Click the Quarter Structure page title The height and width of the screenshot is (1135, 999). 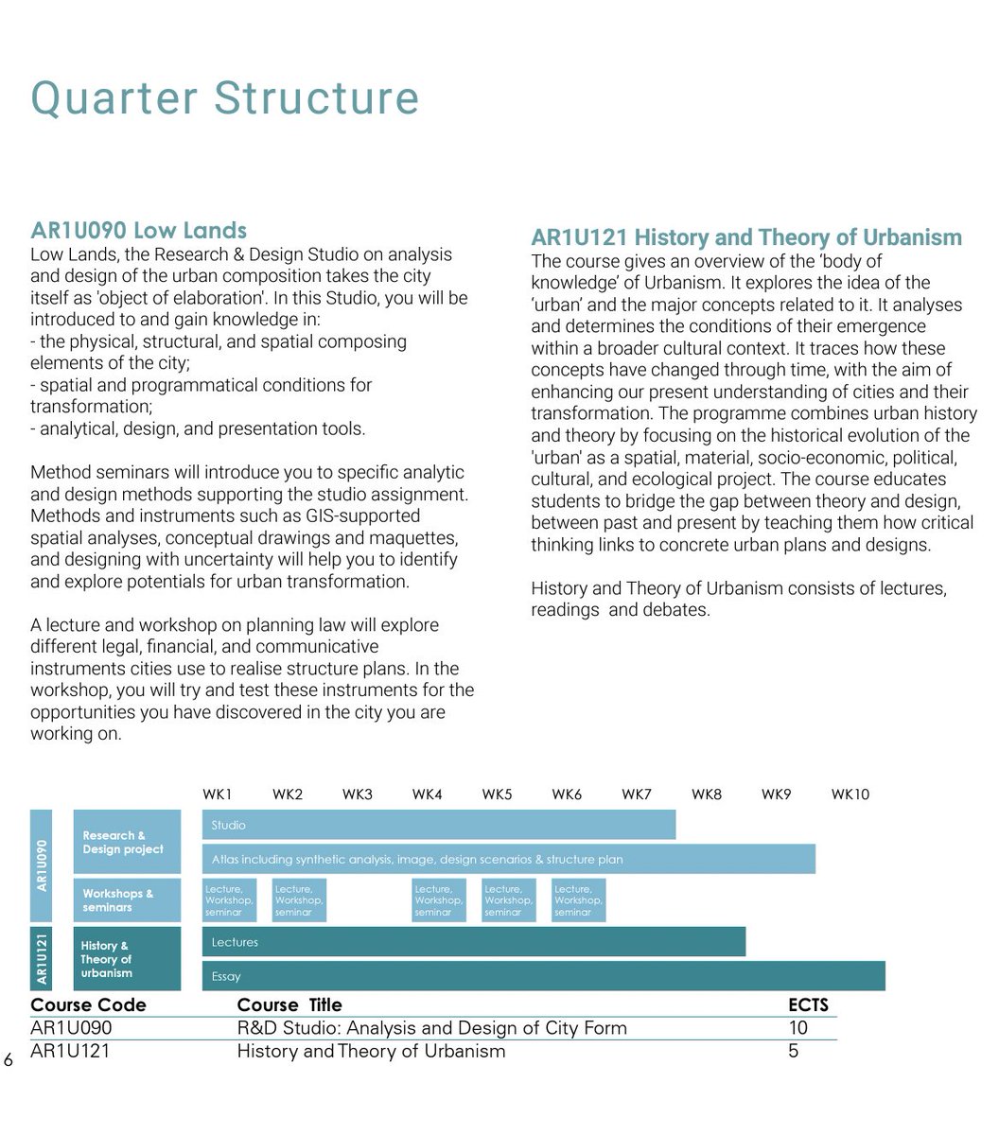click(x=224, y=98)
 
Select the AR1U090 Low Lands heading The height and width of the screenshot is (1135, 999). click(x=138, y=230)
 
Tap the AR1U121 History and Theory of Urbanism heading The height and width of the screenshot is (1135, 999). click(x=745, y=236)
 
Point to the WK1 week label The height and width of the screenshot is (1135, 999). click(x=217, y=794)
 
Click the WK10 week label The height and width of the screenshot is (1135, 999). click(x=850, y=794)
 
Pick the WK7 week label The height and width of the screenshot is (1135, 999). click(x=636, y=794)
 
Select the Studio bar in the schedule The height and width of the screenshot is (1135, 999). click(x=439, y=825)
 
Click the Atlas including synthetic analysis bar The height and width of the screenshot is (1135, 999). click(x=508, y=860)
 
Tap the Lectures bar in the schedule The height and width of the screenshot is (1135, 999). click(x=473, y=942)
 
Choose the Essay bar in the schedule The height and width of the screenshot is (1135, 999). click(x=543, y=976)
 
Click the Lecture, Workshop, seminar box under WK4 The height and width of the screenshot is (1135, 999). click(x=438, y=900)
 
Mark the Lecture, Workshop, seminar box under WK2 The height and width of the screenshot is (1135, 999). click(x=299, y=900)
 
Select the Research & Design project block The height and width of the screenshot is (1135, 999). click(x=127, y=842)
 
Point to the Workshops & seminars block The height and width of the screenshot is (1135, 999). click(x=127, y=900)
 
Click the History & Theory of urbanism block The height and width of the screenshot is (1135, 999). click(x=127, y=959)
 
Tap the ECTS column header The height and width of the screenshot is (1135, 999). click(x=808, y=1004)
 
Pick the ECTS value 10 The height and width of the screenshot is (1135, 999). click(x=797, y=1028)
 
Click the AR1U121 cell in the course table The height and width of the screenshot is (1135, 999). click(x=70, y=1051)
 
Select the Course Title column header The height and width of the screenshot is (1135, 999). click(x=289, y=1004)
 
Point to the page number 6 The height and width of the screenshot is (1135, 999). click(x=9, y=1059)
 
